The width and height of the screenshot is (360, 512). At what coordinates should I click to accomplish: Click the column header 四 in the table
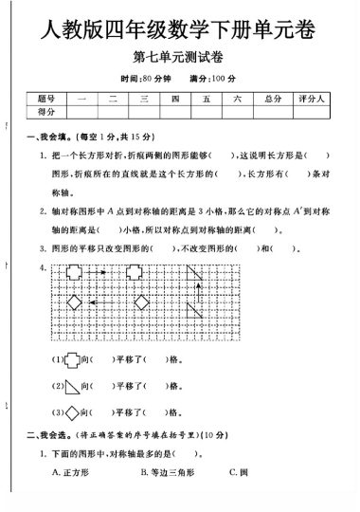175,99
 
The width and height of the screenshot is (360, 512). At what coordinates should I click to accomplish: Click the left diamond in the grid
74,303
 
